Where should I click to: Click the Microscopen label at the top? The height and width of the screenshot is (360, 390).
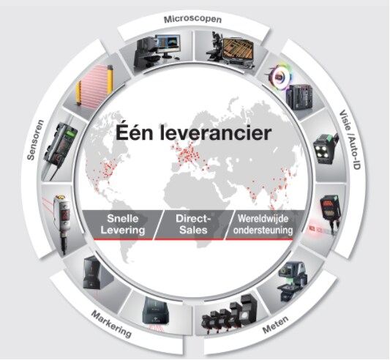[192, 19]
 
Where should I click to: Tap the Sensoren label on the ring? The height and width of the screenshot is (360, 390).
[36, 140]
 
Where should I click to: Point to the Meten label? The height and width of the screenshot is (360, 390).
[276, 325]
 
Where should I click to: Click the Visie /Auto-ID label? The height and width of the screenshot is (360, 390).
[350, 140]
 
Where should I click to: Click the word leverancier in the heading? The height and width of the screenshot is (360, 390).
[215, 133]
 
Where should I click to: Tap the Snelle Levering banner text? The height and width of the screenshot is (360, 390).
[123, 224]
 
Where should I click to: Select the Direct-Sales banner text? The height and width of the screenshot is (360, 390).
[193, 224]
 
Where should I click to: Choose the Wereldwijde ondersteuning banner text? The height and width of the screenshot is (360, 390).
[263, 225]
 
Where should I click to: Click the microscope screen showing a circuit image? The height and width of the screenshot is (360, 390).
[238, 50]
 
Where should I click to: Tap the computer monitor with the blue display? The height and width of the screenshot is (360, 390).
[168, 45]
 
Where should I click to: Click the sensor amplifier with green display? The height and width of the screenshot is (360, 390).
[61, 143]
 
